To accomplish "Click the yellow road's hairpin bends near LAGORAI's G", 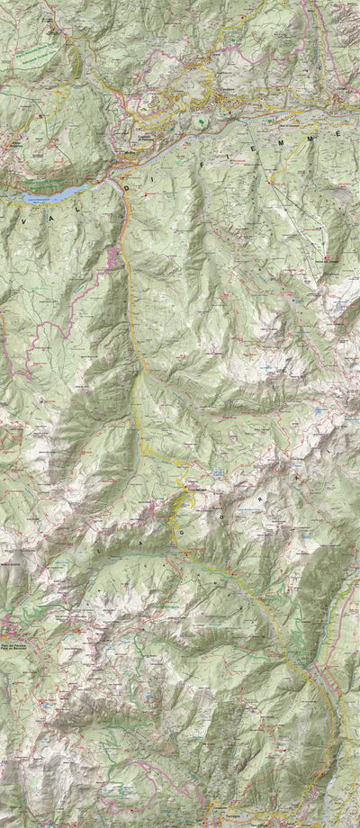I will coord(184,487).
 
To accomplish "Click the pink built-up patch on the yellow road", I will coord(114,258).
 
